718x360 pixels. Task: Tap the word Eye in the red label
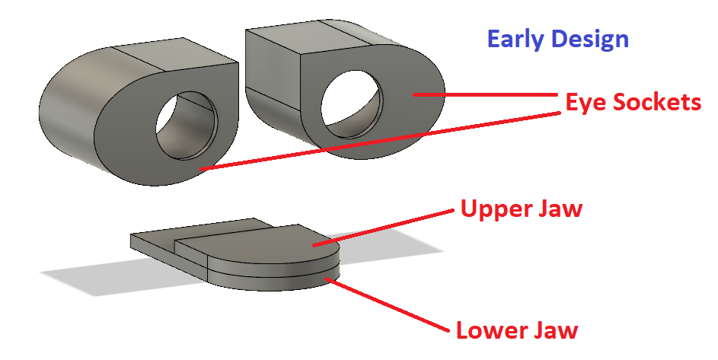pyautogui.click(x=583, y=103)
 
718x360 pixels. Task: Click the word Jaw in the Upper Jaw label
pyautogui.click(x=561, y=209)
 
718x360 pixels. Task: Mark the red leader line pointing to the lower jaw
pyautogui.click(x=388, y=305)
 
